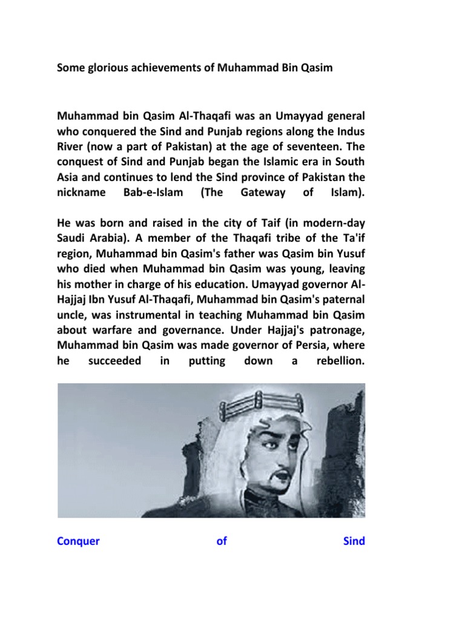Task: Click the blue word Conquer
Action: coord(78,541)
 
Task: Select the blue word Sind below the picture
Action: coord(354,541)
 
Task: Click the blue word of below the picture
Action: coord(222,541)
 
